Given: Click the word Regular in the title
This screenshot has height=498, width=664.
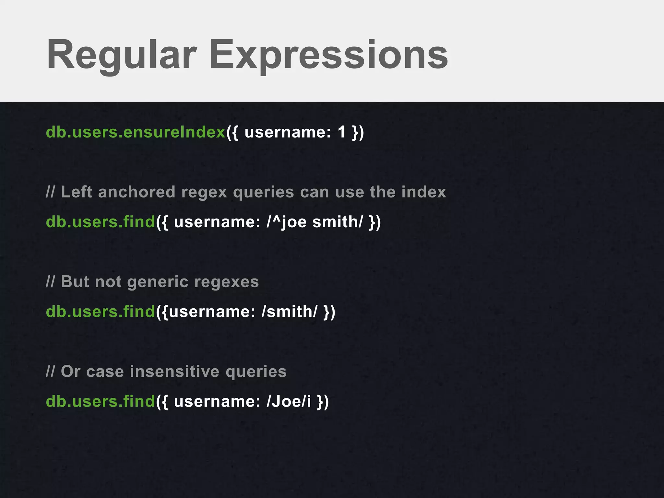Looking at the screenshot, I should pyautogui.click(x=122, y=55).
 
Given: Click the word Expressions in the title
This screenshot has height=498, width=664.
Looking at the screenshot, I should pyautogui.click(x=328, y=55).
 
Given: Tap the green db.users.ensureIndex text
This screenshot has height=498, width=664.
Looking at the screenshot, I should pyautogui.click(x=136, y=132).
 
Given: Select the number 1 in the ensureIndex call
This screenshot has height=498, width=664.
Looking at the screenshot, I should pyautogui.click(x=341, y=132).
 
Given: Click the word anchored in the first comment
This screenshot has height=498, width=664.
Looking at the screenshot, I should pyautogui.click(x=136, y=192).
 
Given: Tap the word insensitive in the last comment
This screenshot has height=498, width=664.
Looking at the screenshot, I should pyautogui.click(x=175, y=372).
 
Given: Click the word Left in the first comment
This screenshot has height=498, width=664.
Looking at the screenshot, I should pyautogui.click(x=77, y=192).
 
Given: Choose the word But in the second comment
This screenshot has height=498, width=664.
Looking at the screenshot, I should pyautogui.click(x=75, y=282).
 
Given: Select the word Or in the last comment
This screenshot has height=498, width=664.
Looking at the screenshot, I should pyautogui.click(x=70, y=372).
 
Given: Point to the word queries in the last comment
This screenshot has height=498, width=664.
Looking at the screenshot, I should pyautogui.click(x=256, y=372).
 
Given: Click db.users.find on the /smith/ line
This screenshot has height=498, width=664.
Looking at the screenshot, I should pyautogui.click(x=101, y=312).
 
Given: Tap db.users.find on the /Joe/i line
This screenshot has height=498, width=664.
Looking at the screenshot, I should pyautogui.click(x=101, y=401).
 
